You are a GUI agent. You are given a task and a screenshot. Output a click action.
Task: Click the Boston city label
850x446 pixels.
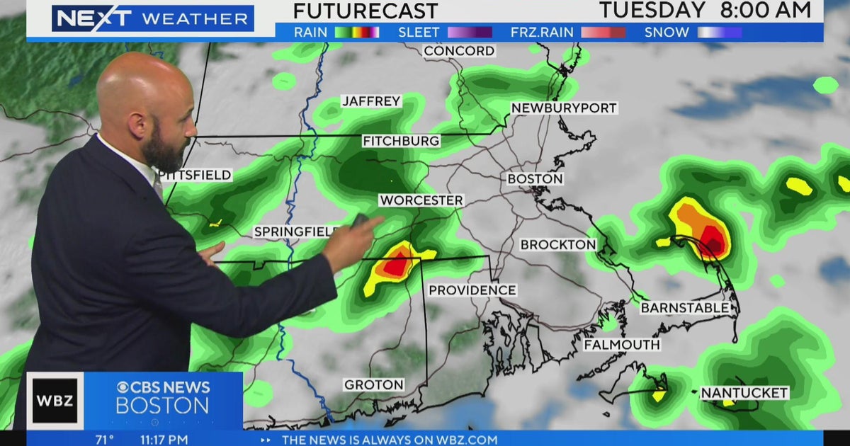(535, 179)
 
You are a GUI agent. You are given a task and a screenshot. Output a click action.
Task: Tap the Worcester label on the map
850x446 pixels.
(421, 200)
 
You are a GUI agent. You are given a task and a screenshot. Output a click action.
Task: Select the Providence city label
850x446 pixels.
(472, 290)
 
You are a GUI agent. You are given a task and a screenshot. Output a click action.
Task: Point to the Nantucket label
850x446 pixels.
(744, 392)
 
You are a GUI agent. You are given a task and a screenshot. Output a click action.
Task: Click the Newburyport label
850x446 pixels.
(564, 108)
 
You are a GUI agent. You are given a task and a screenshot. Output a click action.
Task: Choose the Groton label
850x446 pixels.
(373, 385)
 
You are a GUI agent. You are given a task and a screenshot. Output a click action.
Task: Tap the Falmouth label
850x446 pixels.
(621, 345)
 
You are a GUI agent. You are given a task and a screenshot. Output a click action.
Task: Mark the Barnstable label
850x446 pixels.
(684, 308)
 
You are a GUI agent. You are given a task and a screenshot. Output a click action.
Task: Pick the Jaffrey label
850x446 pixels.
(371, 101)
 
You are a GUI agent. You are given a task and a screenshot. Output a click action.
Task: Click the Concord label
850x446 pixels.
(459, 51)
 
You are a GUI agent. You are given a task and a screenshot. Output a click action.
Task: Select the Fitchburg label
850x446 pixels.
(401, 142)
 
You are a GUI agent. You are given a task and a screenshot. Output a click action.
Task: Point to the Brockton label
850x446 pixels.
(557, 244)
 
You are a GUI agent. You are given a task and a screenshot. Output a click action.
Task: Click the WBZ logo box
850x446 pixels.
(55, 401)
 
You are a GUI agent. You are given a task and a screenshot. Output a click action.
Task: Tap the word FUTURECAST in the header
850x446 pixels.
(365, 11)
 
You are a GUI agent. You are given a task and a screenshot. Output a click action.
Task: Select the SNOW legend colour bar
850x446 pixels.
(719, 32)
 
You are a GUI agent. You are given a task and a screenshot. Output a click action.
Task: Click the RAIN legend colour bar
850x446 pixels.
(356, 32)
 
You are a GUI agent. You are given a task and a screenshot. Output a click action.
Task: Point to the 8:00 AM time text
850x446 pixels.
(765, 11)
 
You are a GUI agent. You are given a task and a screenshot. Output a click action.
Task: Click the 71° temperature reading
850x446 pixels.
(105, 440)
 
